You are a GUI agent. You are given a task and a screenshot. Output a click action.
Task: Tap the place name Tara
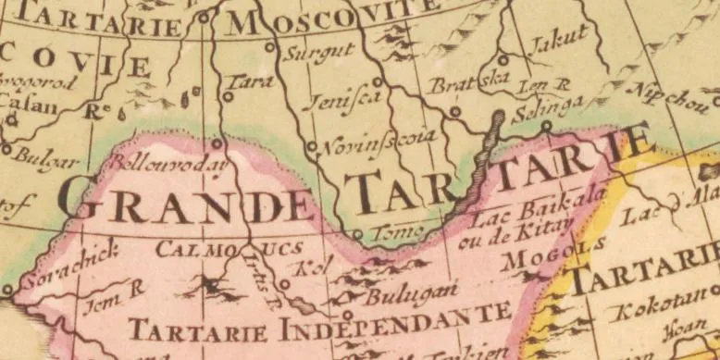[x=252, y=83]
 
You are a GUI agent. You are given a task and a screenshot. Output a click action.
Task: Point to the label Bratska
[x=469, y=83]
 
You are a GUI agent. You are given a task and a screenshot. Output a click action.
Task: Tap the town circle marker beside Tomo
[x=357, y=234]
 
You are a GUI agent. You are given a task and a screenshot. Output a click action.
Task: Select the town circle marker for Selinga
[x=546, y=125]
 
